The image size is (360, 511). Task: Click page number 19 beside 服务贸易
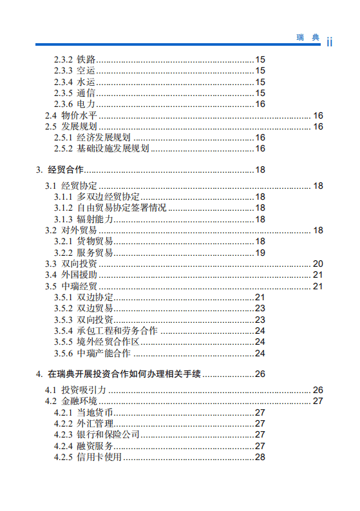pos(260,252)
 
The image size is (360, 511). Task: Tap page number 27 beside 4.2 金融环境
pos(317,401)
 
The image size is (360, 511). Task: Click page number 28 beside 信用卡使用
pos(260,457)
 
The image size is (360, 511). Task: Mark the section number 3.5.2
pos(63,309)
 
